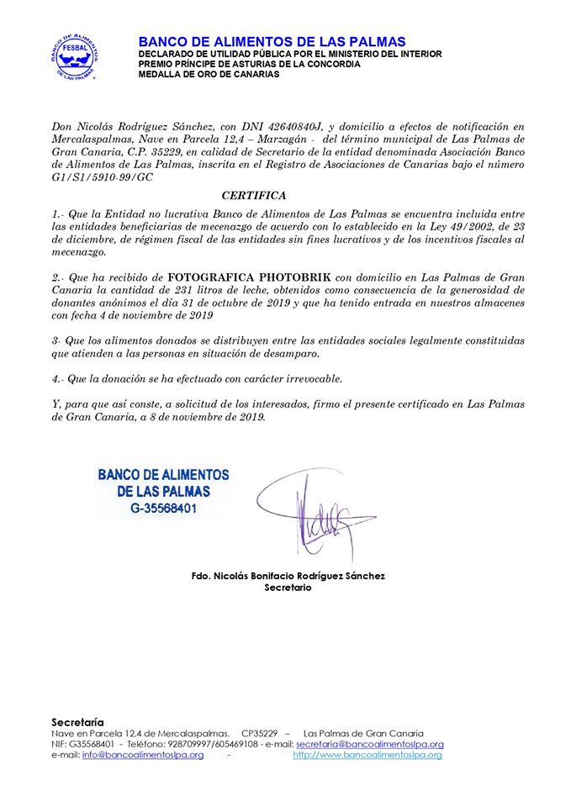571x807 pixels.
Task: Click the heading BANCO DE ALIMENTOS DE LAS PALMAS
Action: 272,42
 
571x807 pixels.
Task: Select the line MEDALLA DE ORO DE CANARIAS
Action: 209,74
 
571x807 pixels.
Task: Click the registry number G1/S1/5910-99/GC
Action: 101,177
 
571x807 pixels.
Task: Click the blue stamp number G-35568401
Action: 163,509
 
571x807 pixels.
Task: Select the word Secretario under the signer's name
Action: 288,588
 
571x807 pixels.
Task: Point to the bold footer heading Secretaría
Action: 77,721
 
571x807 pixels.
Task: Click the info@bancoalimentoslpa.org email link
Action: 143,755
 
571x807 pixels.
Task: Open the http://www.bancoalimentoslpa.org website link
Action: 367,755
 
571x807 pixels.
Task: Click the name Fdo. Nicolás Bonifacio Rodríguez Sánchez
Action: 288,576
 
